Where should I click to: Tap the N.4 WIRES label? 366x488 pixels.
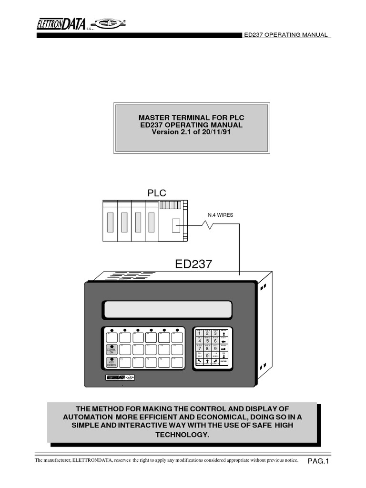(x=220, y=215)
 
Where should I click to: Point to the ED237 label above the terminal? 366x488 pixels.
(x=194, y=264)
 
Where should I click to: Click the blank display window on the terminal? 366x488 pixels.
(x=167, y=309)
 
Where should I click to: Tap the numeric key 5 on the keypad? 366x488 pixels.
(x=208, y=341)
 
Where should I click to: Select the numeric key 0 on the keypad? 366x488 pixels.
(x=207, y=355)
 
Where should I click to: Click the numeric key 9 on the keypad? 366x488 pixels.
(x=215, y=348)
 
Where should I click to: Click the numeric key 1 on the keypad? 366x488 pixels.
(x=200, y=333)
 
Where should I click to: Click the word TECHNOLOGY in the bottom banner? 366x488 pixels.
(x=183, y=435)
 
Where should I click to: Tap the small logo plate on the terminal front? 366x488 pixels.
(x=121, y=377)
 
